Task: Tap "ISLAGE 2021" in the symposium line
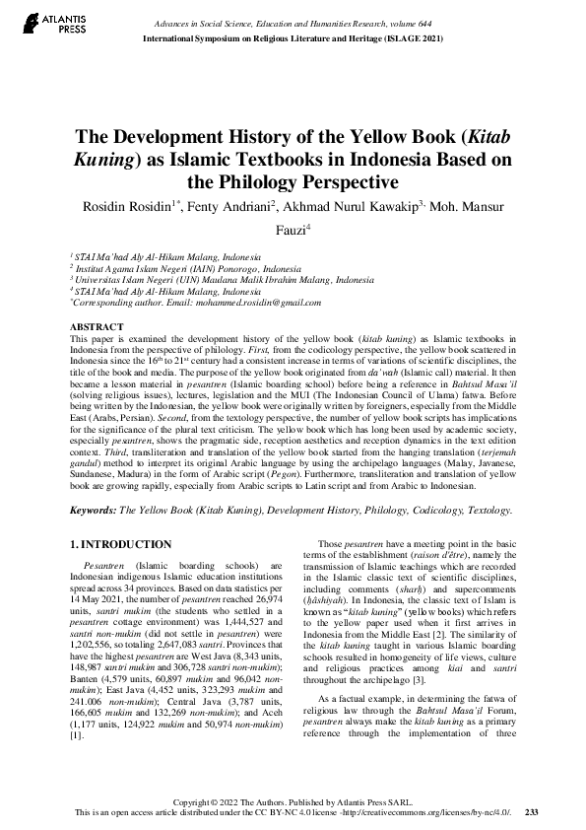tap(399, 37)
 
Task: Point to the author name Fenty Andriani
tap(280, 206)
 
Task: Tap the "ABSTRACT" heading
tap(97, 325)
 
